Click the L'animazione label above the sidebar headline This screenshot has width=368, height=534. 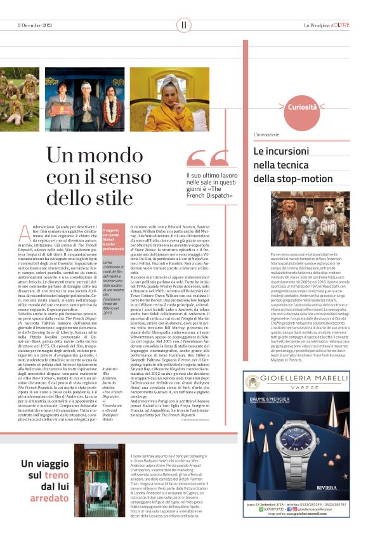(266, 135)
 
